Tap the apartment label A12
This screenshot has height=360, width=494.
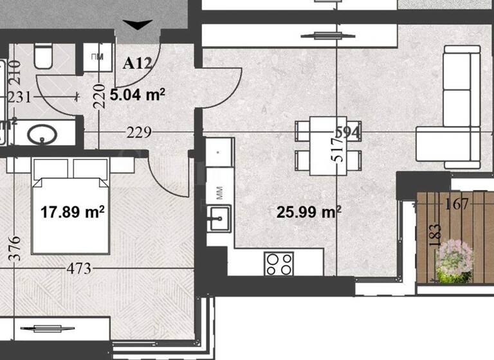tap(137, 63)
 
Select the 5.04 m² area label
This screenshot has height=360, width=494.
tap(138, 96)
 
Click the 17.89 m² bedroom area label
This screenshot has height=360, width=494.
tap(72, 212)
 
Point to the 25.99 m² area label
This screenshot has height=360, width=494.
tap(309, 212)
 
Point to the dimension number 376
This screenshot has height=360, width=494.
tap(16, 248)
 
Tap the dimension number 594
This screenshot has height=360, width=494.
tap(346, 132)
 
